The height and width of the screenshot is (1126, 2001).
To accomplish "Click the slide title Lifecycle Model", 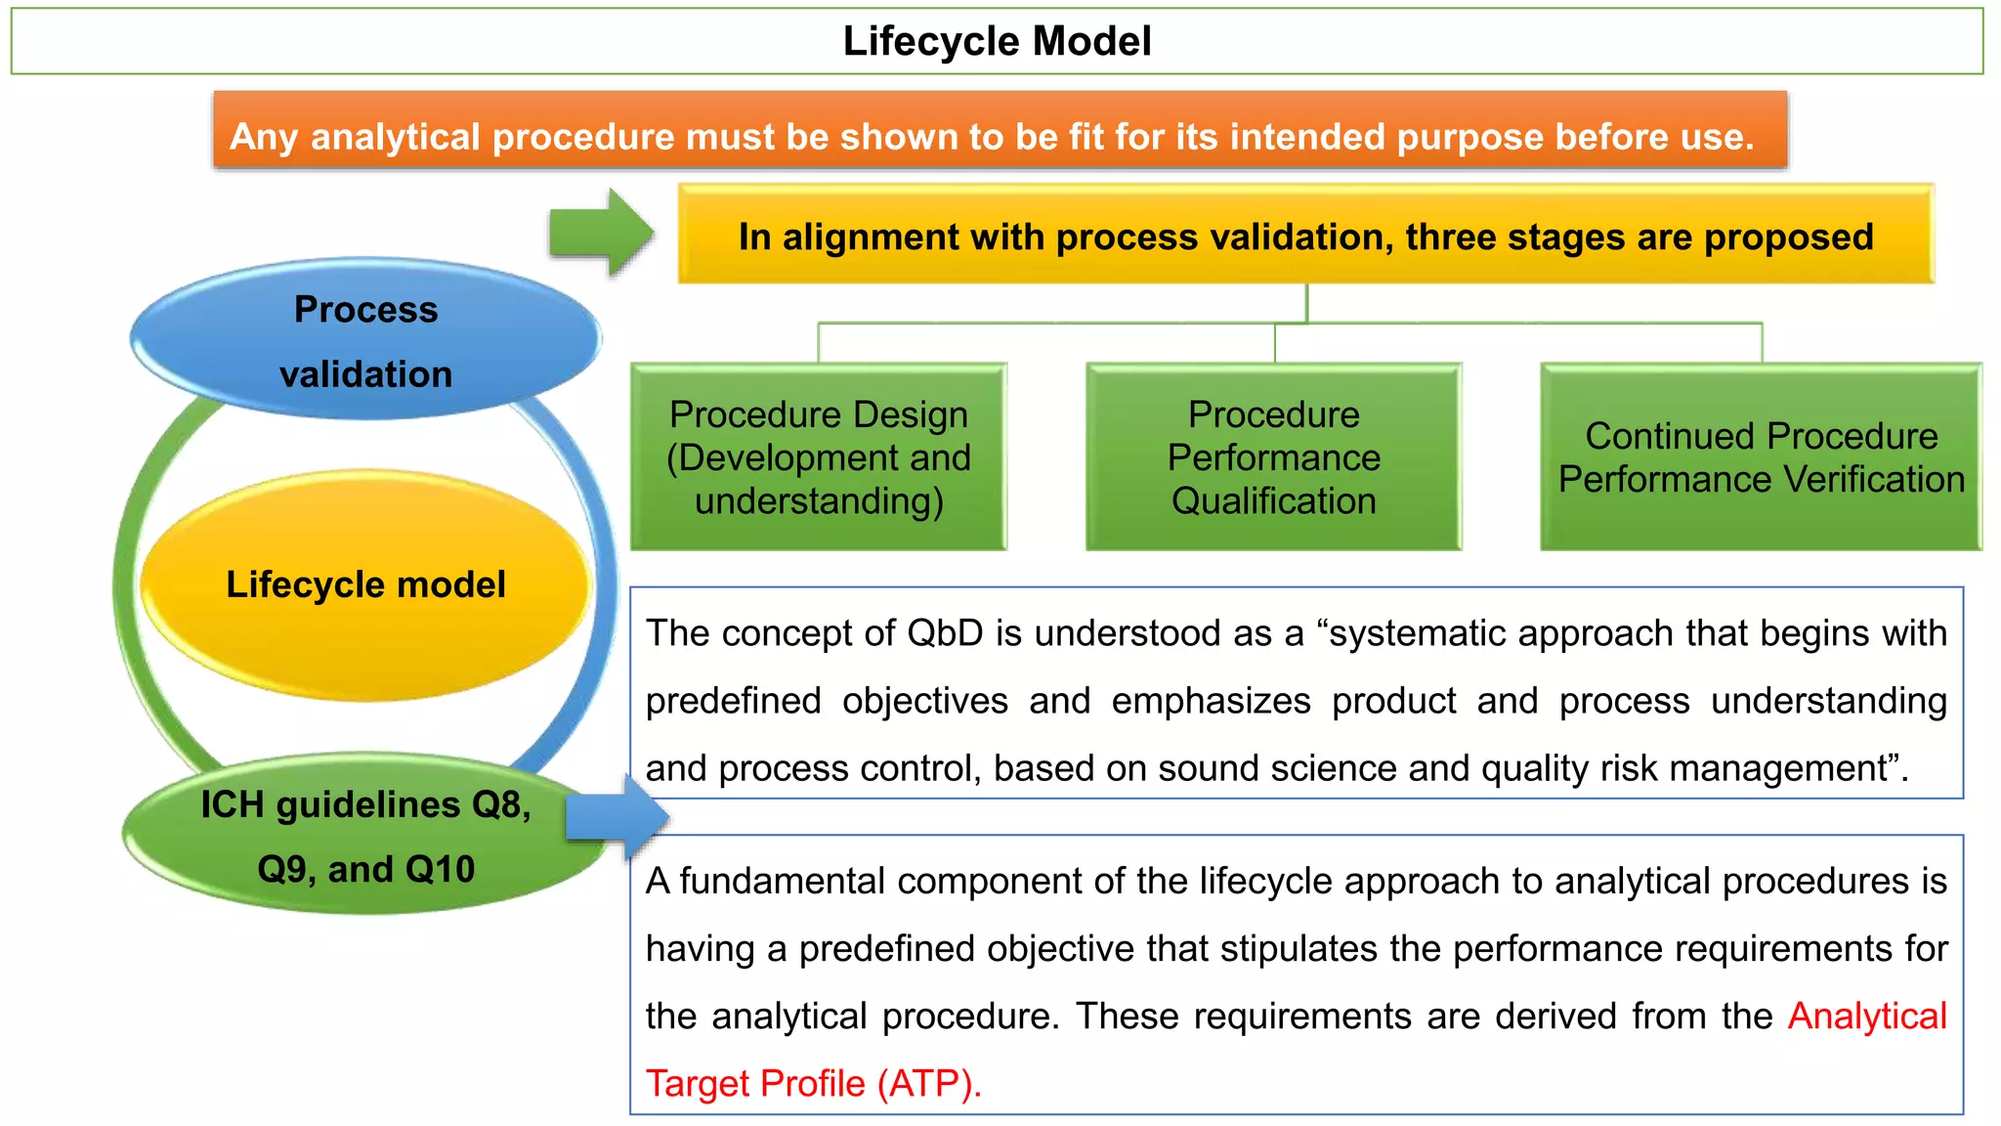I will (x=997, y=42).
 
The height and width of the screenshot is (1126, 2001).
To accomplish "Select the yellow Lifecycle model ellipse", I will (x=365, y=585).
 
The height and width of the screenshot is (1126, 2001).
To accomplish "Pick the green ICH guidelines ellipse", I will (x=365, y=836).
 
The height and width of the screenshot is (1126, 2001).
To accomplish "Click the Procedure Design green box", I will (x=819, y=457).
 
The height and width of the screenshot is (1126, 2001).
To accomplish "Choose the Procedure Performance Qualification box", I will (x=1273, y=457).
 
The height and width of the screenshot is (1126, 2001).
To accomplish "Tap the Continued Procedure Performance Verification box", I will (x=1761, y=457).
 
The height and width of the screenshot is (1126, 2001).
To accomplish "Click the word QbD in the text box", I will (x=945, y=633).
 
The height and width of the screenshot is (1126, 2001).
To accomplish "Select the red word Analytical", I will (x=1867, y=1017).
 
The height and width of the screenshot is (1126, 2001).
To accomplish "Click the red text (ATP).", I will (x=928, y=1084).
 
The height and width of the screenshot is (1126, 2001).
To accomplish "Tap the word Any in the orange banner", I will (x=263, y=138).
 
